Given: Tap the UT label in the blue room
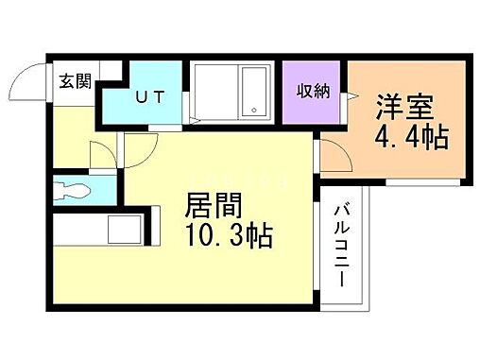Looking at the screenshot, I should [146, 95].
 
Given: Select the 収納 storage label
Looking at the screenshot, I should [312, 92].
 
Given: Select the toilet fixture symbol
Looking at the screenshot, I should [72, 190].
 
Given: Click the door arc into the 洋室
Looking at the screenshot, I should [331, 151].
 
